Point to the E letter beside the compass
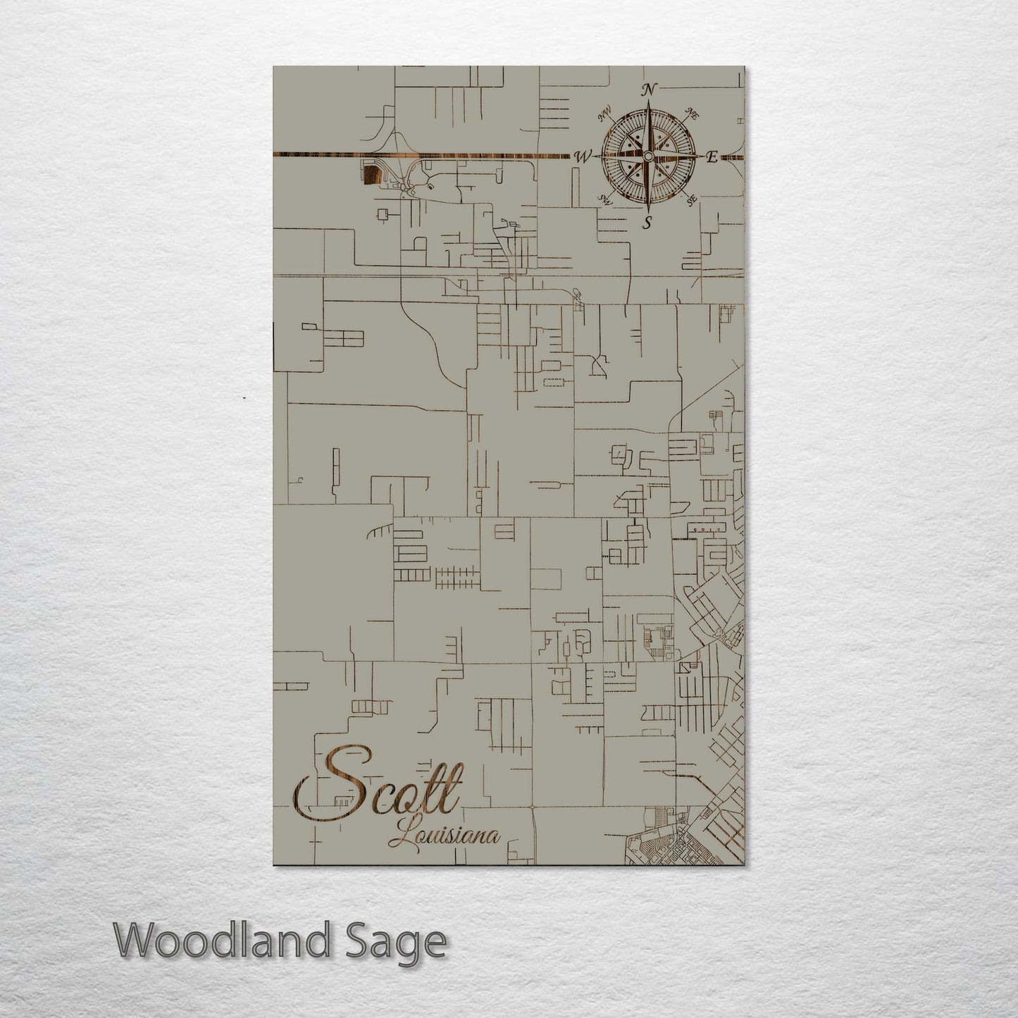pyautogui.click(x=712, y=157)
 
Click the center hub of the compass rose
pyautogui.click(x=648, y=155)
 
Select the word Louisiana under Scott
pyautogui.click(x=445, y=836)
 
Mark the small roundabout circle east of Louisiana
pyautogui.click(x=533, y=807)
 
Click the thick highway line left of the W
pyautogui.click(x=423, y=154)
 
